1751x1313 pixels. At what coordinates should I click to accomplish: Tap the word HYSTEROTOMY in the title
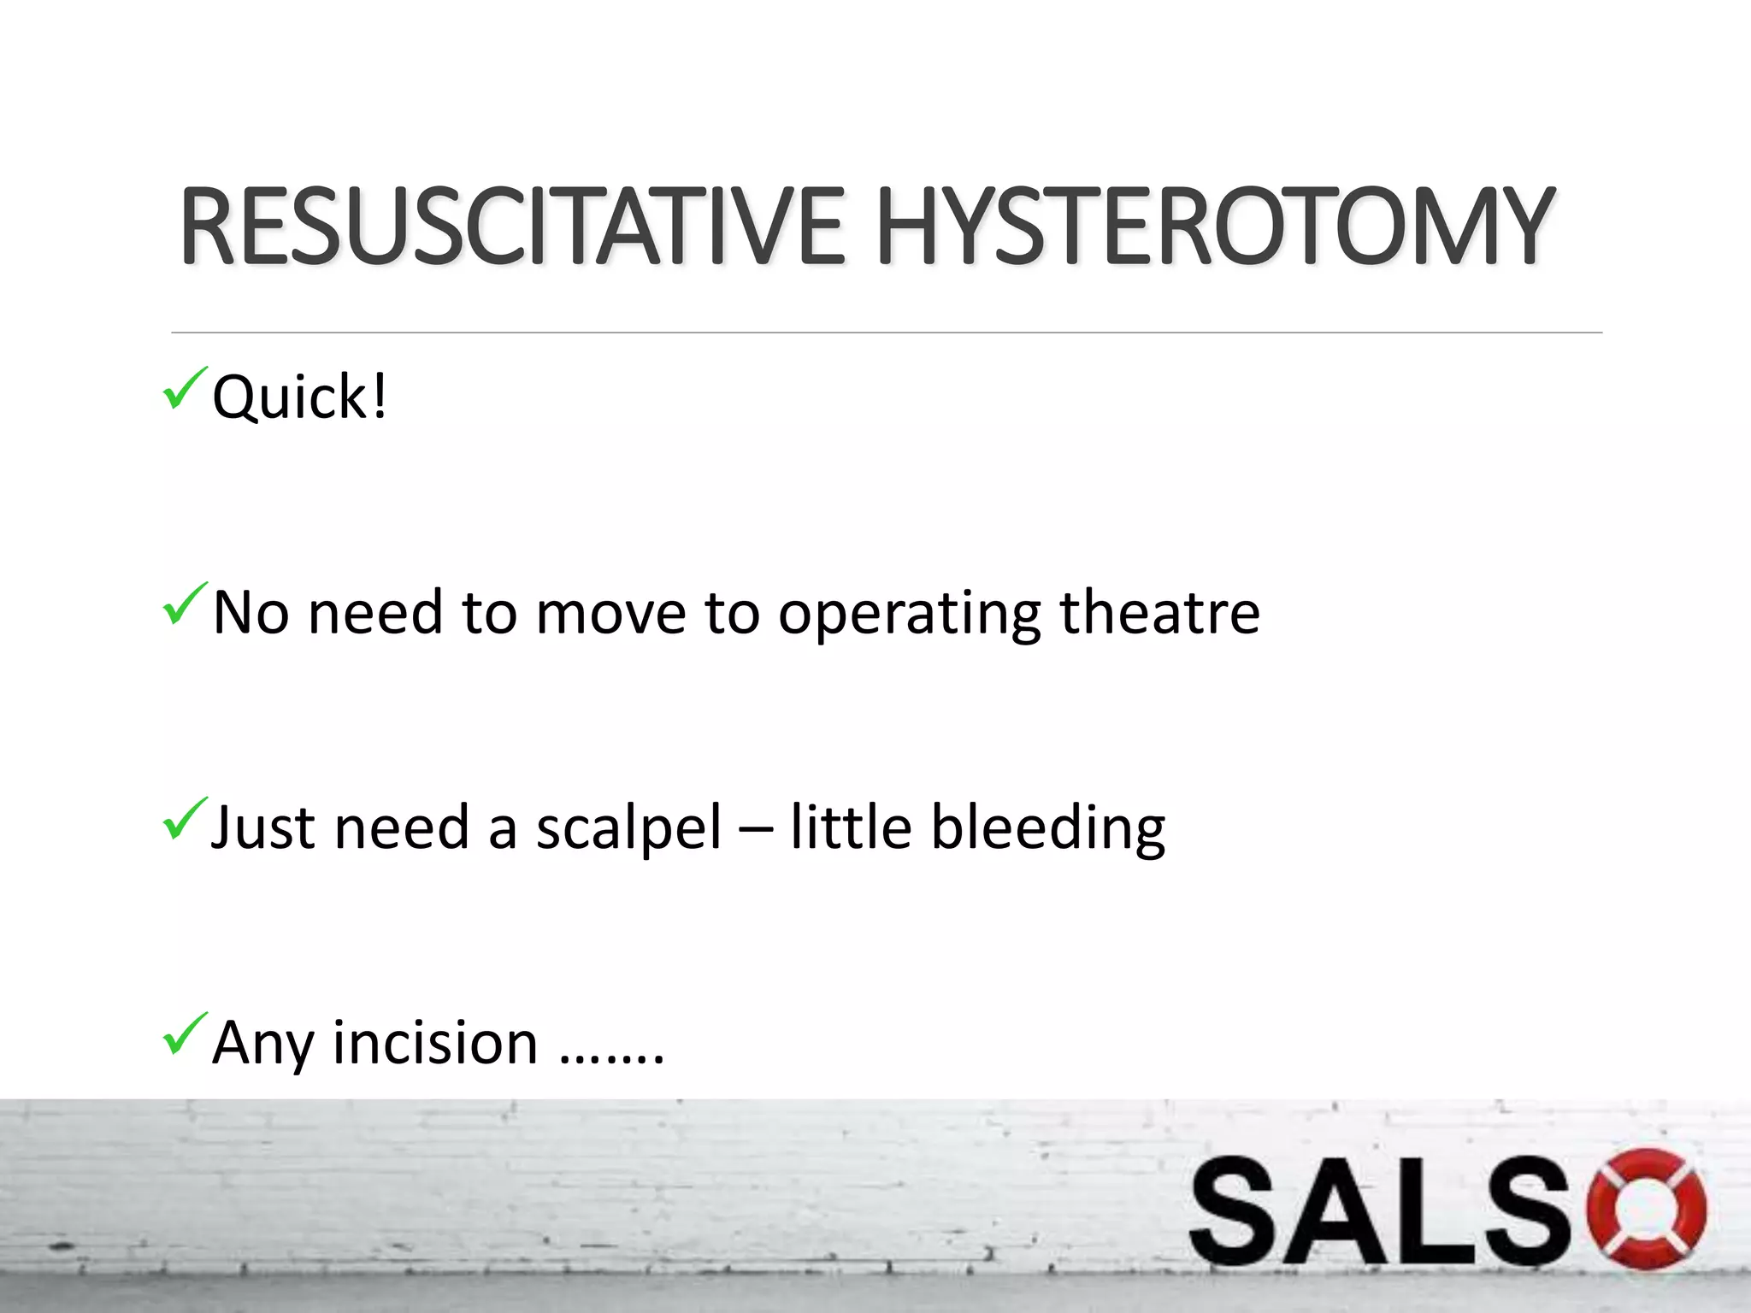[x=1213, y=227]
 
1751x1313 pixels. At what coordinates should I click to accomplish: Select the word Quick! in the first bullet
[x=299, y=398]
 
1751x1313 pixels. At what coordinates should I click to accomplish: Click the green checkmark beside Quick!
[x=184, y=388]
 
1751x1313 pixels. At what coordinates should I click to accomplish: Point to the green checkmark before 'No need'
[x=184, y=604]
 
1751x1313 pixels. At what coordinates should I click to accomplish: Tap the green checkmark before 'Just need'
[x=184, y=818]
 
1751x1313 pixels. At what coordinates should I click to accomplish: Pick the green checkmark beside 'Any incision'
[x=184, y=1033]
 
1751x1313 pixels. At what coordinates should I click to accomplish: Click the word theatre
[x=1159, y=612]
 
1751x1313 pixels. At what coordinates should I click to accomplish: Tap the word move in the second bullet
[x=610, y=614]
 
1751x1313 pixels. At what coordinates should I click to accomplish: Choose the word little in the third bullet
[x=851, y=827]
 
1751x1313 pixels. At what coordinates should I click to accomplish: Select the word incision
[x=435, y=1043]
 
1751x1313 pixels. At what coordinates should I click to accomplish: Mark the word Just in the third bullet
[x=263, y=827]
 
